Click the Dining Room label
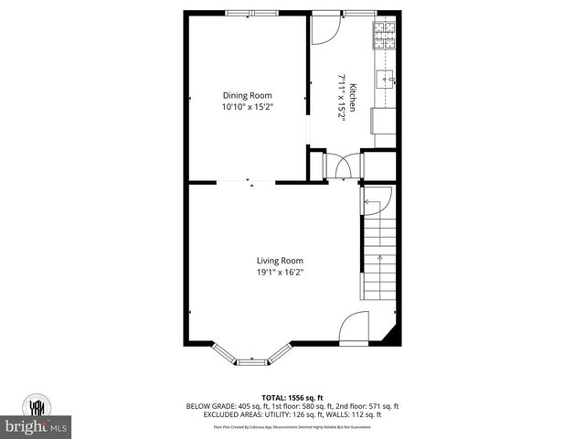click(248, 95)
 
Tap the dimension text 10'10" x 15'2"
click(248, 107)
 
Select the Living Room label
click(280, 260)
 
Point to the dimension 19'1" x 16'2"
click(280, 272)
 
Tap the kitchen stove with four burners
click(383, 35)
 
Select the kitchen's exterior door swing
click(324, 29)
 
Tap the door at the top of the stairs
click(378, 201)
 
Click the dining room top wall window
click(252, 13)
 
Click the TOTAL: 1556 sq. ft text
click(292, 397)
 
